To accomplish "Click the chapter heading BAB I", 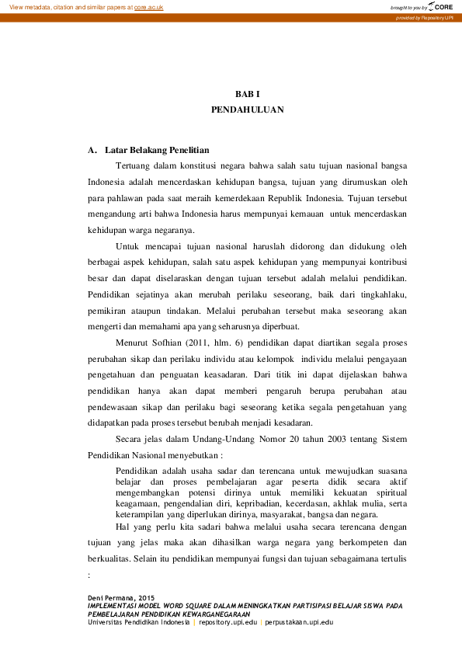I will pyautogui.click(x=247, y=93).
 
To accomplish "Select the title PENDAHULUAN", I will pyautogui.click(x=247, y=110).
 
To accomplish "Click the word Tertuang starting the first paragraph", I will pyautogui.click(x=133, y=166).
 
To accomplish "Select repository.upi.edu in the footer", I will pyautogui.click(x=228, y=623).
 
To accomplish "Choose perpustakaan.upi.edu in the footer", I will pyautogui.click(x=299, y=623).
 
